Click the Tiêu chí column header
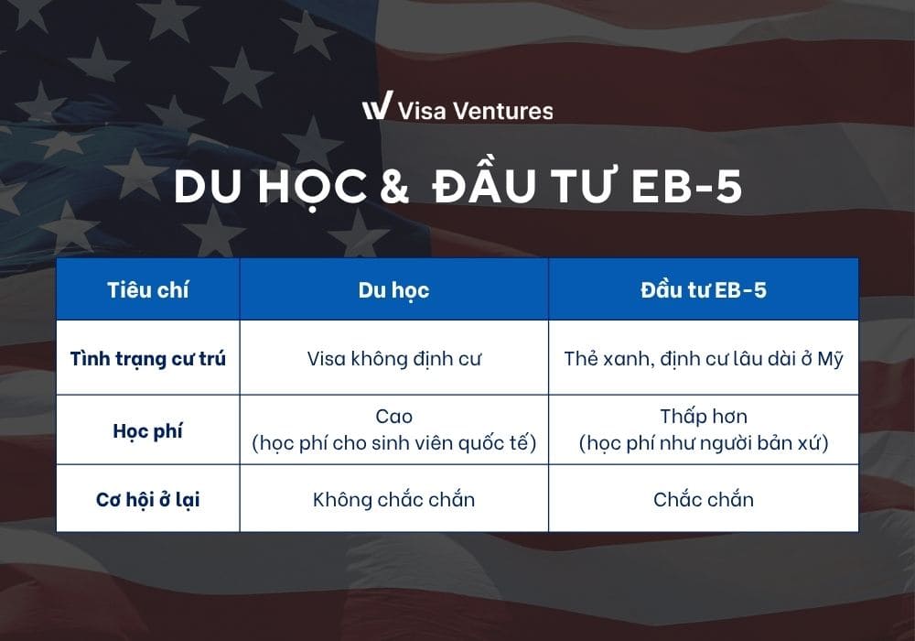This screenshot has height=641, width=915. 147,290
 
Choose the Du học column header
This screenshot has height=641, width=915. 393,290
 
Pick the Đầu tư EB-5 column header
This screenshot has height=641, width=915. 703,290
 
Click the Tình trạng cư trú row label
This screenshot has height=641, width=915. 147,358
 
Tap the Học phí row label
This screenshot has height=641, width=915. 147,430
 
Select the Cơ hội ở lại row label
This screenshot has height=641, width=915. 147,500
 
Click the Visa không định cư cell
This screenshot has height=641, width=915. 393,358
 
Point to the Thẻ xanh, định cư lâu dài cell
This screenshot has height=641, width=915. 703,358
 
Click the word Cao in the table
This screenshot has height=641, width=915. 393,417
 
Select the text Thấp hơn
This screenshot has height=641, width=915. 703,417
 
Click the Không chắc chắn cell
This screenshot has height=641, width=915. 393,500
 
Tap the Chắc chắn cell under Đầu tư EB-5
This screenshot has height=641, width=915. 703,500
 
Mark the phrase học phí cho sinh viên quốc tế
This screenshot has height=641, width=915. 393,444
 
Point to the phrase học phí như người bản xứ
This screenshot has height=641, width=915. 703,444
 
